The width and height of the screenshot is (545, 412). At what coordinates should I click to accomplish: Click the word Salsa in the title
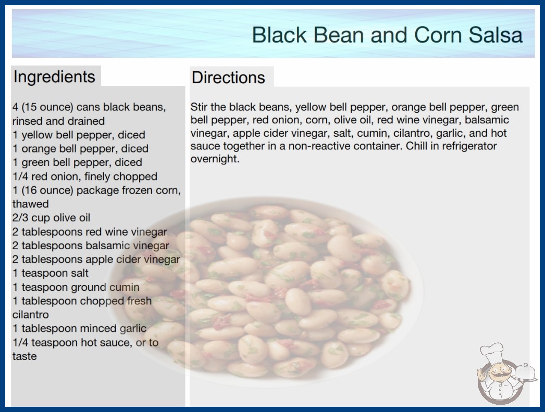click(496, 35)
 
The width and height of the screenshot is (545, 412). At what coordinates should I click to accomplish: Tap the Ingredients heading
click(54, 76)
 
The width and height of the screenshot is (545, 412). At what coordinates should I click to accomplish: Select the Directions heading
click(228, 78)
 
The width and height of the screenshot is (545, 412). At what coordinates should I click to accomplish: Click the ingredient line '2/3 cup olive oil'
click(51, 217)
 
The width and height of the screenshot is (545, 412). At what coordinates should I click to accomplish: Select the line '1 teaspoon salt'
click(51, 273)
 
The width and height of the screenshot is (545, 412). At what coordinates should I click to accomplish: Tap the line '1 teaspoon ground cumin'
click(76, 287)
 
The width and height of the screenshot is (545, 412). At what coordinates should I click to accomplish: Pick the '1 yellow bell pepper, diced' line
click(79, 135)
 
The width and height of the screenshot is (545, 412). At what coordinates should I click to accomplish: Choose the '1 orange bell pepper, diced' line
click(80, 149)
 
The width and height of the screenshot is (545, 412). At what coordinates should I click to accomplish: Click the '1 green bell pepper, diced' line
click(77, 162)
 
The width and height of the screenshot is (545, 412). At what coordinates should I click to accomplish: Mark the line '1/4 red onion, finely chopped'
click(85, 176)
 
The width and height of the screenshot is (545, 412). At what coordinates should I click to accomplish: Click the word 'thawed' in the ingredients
click(31, 204)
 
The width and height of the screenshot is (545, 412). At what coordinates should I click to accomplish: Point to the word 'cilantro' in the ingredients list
click(31, 315)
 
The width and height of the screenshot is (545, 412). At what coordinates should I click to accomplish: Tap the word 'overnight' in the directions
click(215, 159)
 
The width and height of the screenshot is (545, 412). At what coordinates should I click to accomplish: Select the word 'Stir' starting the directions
click(199, 107)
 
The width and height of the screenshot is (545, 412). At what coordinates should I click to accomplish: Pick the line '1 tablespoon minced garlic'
click(79, 328)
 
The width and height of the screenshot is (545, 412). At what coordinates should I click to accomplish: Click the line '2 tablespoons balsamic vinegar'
click(91, 246)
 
